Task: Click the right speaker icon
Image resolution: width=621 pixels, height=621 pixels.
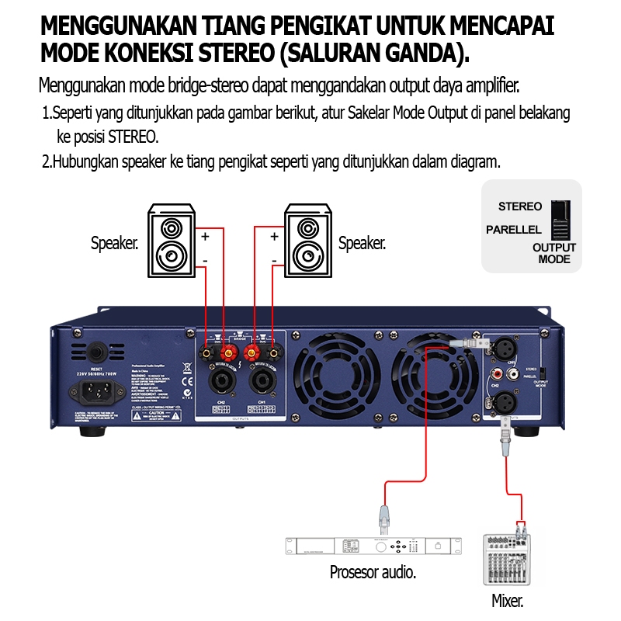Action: [x=307, y=240]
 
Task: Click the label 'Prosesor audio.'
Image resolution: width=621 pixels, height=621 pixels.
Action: [x=373, y=573]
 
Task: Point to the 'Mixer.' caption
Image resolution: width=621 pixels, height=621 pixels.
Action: [x=508, y=600]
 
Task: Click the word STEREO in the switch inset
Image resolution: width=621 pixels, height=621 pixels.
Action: [x=520, y=206]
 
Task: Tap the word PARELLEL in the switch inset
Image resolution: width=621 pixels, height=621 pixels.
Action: [x=513, y=230]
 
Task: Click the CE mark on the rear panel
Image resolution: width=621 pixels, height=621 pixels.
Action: [x=187, y=381]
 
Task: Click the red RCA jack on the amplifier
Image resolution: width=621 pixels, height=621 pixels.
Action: [x=513, y=374]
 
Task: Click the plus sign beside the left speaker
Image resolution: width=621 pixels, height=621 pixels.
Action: [x=206, y=235]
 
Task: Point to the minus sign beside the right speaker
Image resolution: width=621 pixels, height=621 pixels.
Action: [x=274, y=259]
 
